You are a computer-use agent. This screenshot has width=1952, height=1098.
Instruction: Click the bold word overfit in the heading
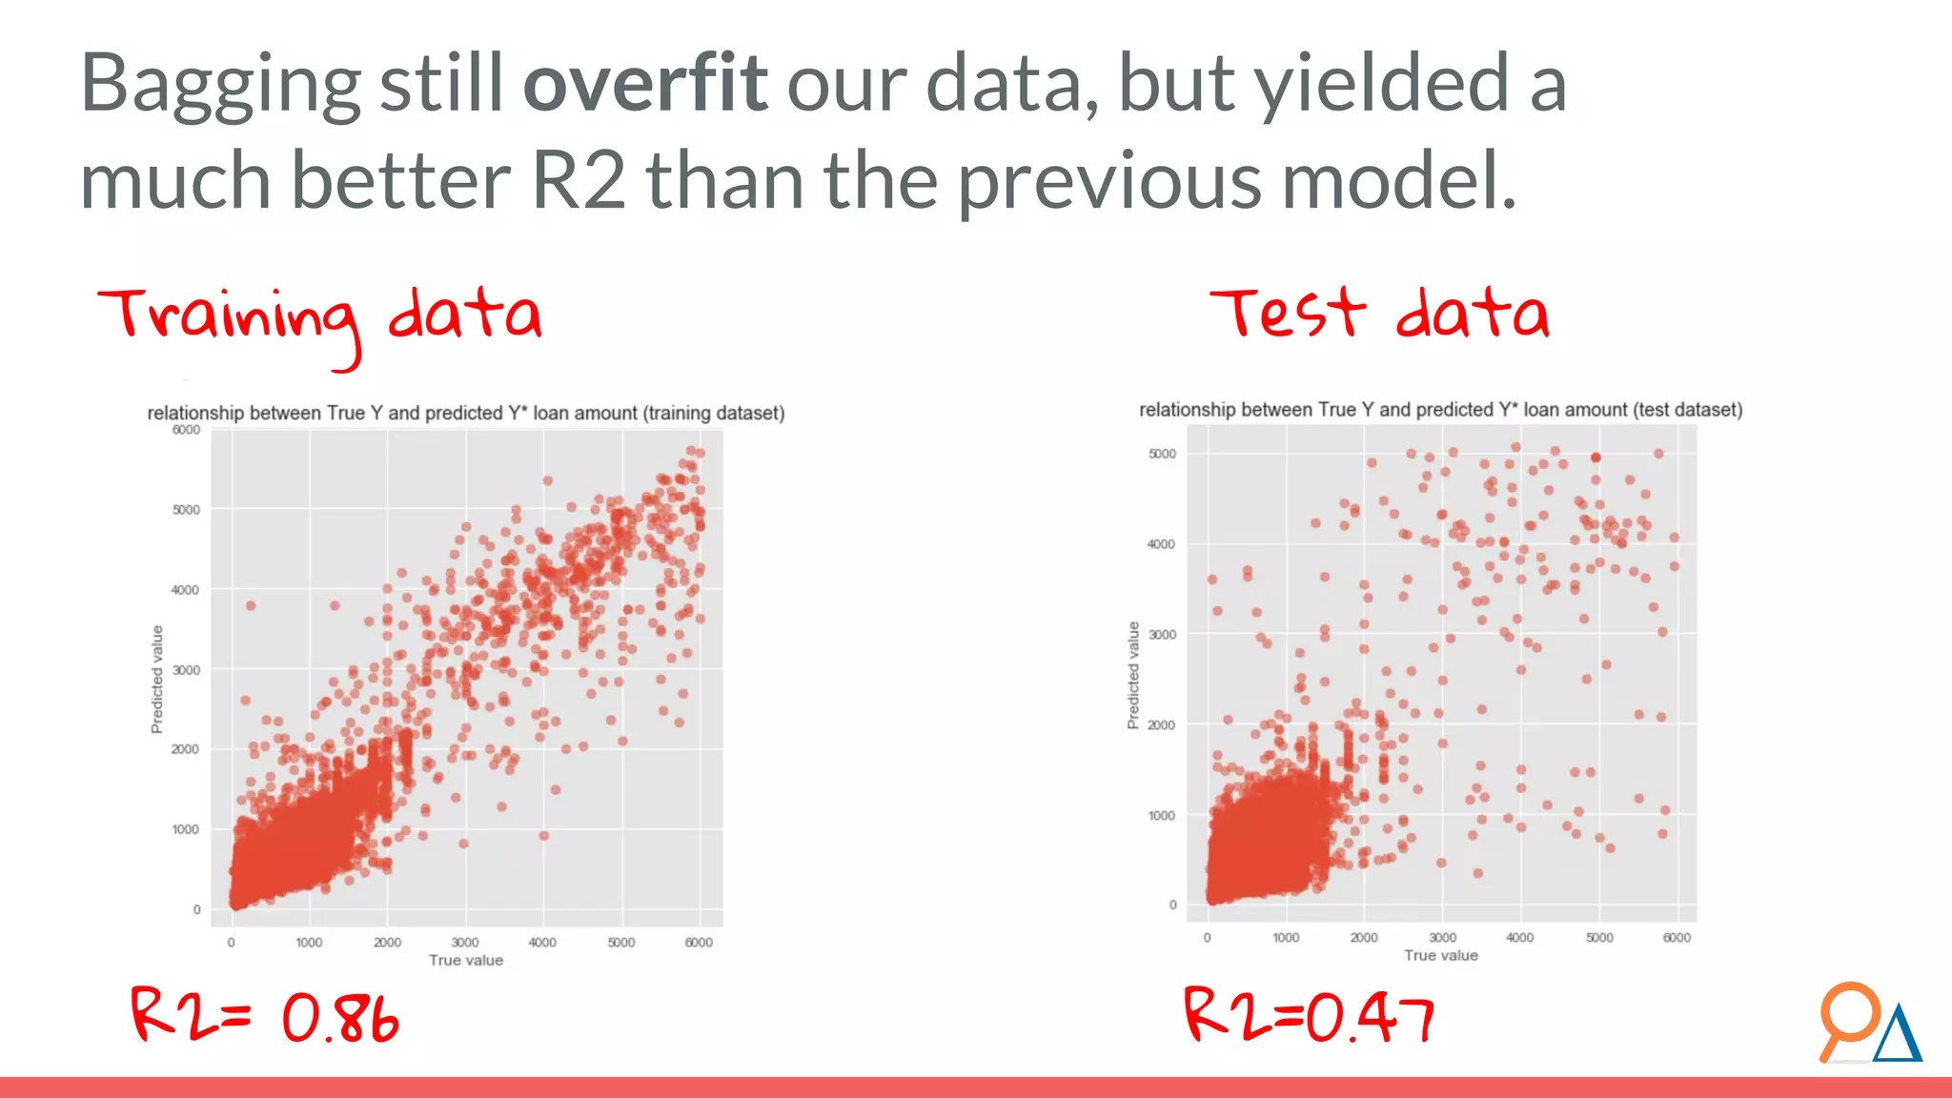coord(645,84)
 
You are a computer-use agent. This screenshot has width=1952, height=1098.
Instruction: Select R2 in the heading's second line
coord(579,181)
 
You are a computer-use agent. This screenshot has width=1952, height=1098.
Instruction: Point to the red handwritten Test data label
coord(1379,314)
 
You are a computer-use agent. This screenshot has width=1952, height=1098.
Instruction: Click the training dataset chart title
coord(465,413)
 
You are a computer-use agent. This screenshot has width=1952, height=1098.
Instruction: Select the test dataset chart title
coord(1440,410)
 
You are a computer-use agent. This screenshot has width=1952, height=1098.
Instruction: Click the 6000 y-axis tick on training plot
coord(186,430)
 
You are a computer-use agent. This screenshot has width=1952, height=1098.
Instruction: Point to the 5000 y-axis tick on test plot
coord(1162,454)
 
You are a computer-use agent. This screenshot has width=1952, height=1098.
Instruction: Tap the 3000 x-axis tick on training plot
coord(465,943)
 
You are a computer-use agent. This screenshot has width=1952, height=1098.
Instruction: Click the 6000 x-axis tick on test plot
coord(1677,938)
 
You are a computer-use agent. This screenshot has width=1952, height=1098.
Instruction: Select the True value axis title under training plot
coord(465,961)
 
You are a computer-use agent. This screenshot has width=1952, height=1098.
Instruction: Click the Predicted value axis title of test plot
coord(1133,675)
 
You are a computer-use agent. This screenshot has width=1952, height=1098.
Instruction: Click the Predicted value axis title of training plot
coord(157,679)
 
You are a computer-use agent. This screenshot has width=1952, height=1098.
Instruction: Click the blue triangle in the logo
coord(1898,1037)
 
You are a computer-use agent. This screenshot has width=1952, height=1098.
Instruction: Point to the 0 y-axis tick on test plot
coord(1172,905)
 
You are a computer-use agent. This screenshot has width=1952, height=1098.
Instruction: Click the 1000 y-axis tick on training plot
coord(186,829)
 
